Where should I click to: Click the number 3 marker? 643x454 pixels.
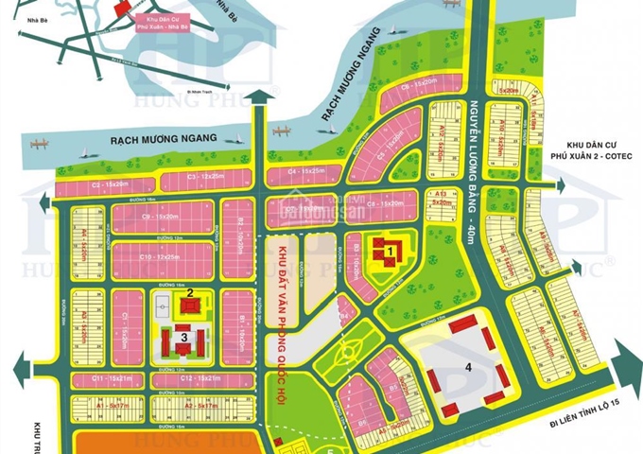click(x=184, y=335)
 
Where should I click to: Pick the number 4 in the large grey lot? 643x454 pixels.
click(x=466, y=366)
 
